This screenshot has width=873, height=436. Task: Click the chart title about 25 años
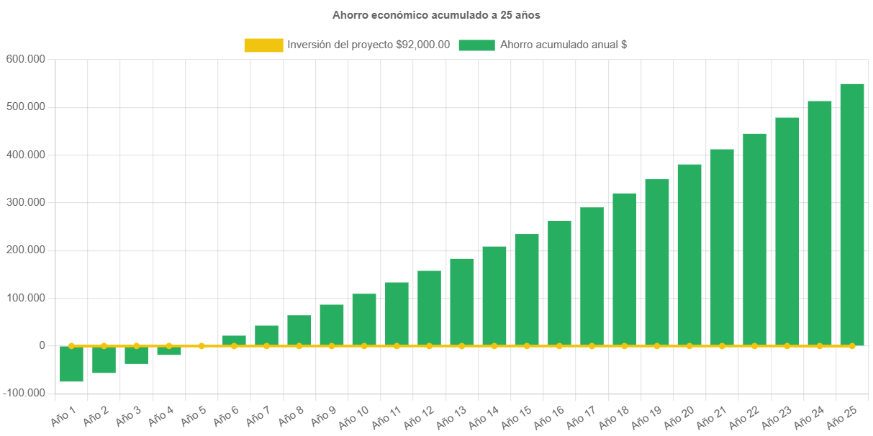pos(436,14)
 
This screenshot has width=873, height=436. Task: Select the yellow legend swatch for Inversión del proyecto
pos(263,45)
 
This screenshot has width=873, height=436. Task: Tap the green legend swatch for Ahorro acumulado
pos(476,45)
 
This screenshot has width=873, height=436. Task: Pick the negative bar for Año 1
pos(71,363)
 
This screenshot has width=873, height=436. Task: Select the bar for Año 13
pos(462,302)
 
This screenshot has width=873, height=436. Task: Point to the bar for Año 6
pos(234,340)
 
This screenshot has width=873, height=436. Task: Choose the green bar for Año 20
pos(689,255)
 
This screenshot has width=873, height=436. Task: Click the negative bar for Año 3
pos(136,355)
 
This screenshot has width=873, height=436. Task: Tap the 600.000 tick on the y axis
pos(26,59)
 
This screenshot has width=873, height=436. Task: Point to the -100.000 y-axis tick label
pos(24,393)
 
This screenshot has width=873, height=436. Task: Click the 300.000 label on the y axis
pos(26,202)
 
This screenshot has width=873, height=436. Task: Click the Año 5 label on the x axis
pos(192,415)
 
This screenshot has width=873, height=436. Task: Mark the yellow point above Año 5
pos(202,346)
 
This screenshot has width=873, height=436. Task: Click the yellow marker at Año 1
pos(71,346)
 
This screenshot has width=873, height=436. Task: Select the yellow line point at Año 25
pos(852,346)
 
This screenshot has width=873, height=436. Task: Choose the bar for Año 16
pos(559,283)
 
